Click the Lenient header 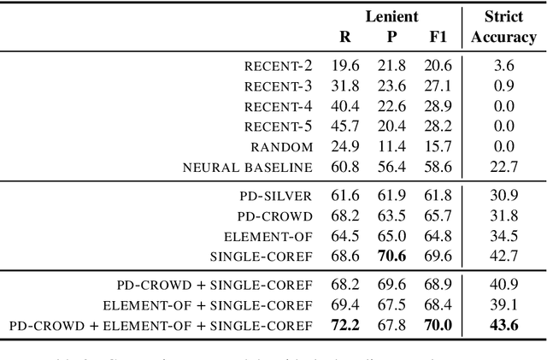pyautogui.click(x=393, y=16)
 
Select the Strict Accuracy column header pyautogui.click(x=503, y=27)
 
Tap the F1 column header pyautogui.click(x=438, y=38)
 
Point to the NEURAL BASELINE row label pyautogui.click(x=248, y=167)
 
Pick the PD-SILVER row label pyautogui.click(x=275, y=196)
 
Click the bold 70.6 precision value pyautogui.click(x=392, y=256)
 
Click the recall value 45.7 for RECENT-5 pyautogui.click(x=345, y=126)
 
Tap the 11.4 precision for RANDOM pyautogui.click(x=392, y=146)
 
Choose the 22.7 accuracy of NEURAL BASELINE pyautogui.click(x=503, y=167)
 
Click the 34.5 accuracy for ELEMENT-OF pyautogui.click(x=503, y=235)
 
